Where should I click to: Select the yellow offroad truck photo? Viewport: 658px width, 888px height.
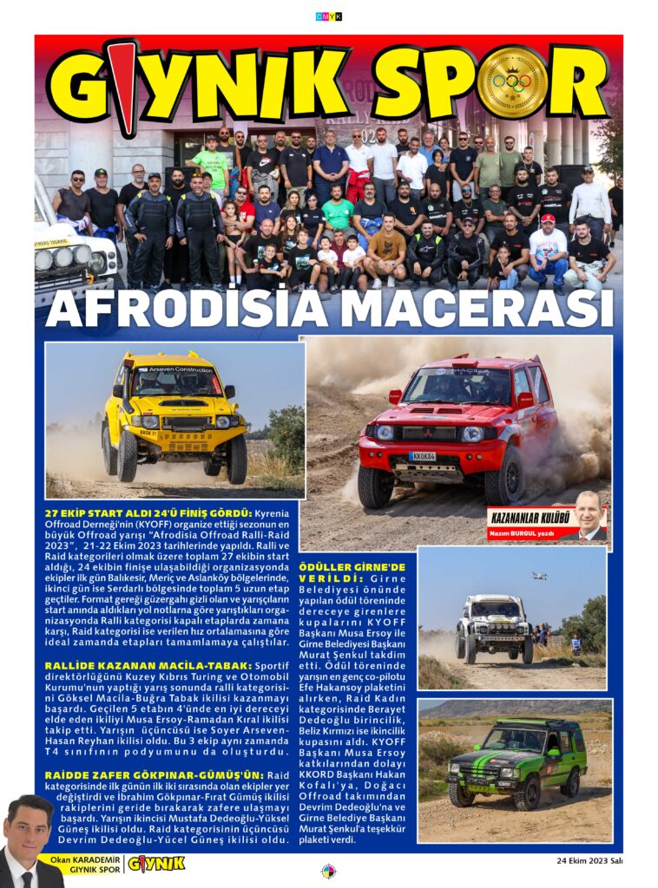tap(174, 420)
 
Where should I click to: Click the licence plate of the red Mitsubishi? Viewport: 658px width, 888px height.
tap(424, 455)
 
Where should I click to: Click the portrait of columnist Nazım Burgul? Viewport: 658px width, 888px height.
tap(588, 518)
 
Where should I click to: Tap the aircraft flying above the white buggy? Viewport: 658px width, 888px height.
tap(540, 575)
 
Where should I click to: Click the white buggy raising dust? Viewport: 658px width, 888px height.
tap(495, 629)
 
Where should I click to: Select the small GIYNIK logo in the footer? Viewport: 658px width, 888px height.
tap(156, 863)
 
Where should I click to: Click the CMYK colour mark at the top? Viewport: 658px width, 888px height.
tap(328, 16)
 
